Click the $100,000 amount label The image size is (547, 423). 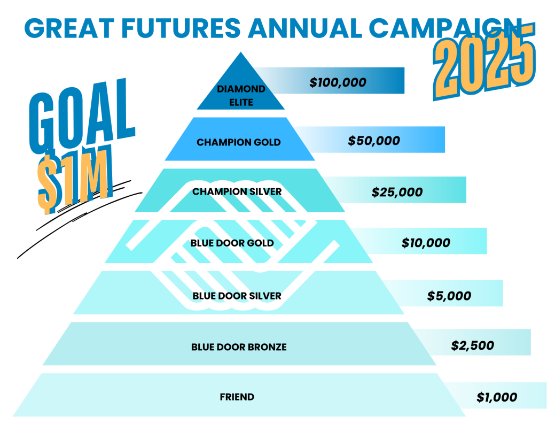tap(338, 82)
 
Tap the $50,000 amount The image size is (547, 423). tap(373, 141)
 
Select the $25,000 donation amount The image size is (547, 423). tap(397, 192)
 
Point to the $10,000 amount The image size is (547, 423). tap(426, 243)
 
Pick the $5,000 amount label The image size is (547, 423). tap(449, 296)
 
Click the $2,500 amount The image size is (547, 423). tap(472, 345)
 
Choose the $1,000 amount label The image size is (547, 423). tap(497, 397)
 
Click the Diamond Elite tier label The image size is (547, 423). tap(241, 96)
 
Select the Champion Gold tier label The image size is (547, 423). tap(239, 142)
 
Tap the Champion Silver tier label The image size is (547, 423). tap(237, 191)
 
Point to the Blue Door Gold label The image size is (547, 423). tap(232, 243)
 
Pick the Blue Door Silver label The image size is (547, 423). tap(237, 296)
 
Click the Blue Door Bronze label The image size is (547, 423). tap(239, 347)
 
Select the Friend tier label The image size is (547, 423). tap(237, 397)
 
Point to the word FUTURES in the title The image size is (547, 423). tap(181, 28)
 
